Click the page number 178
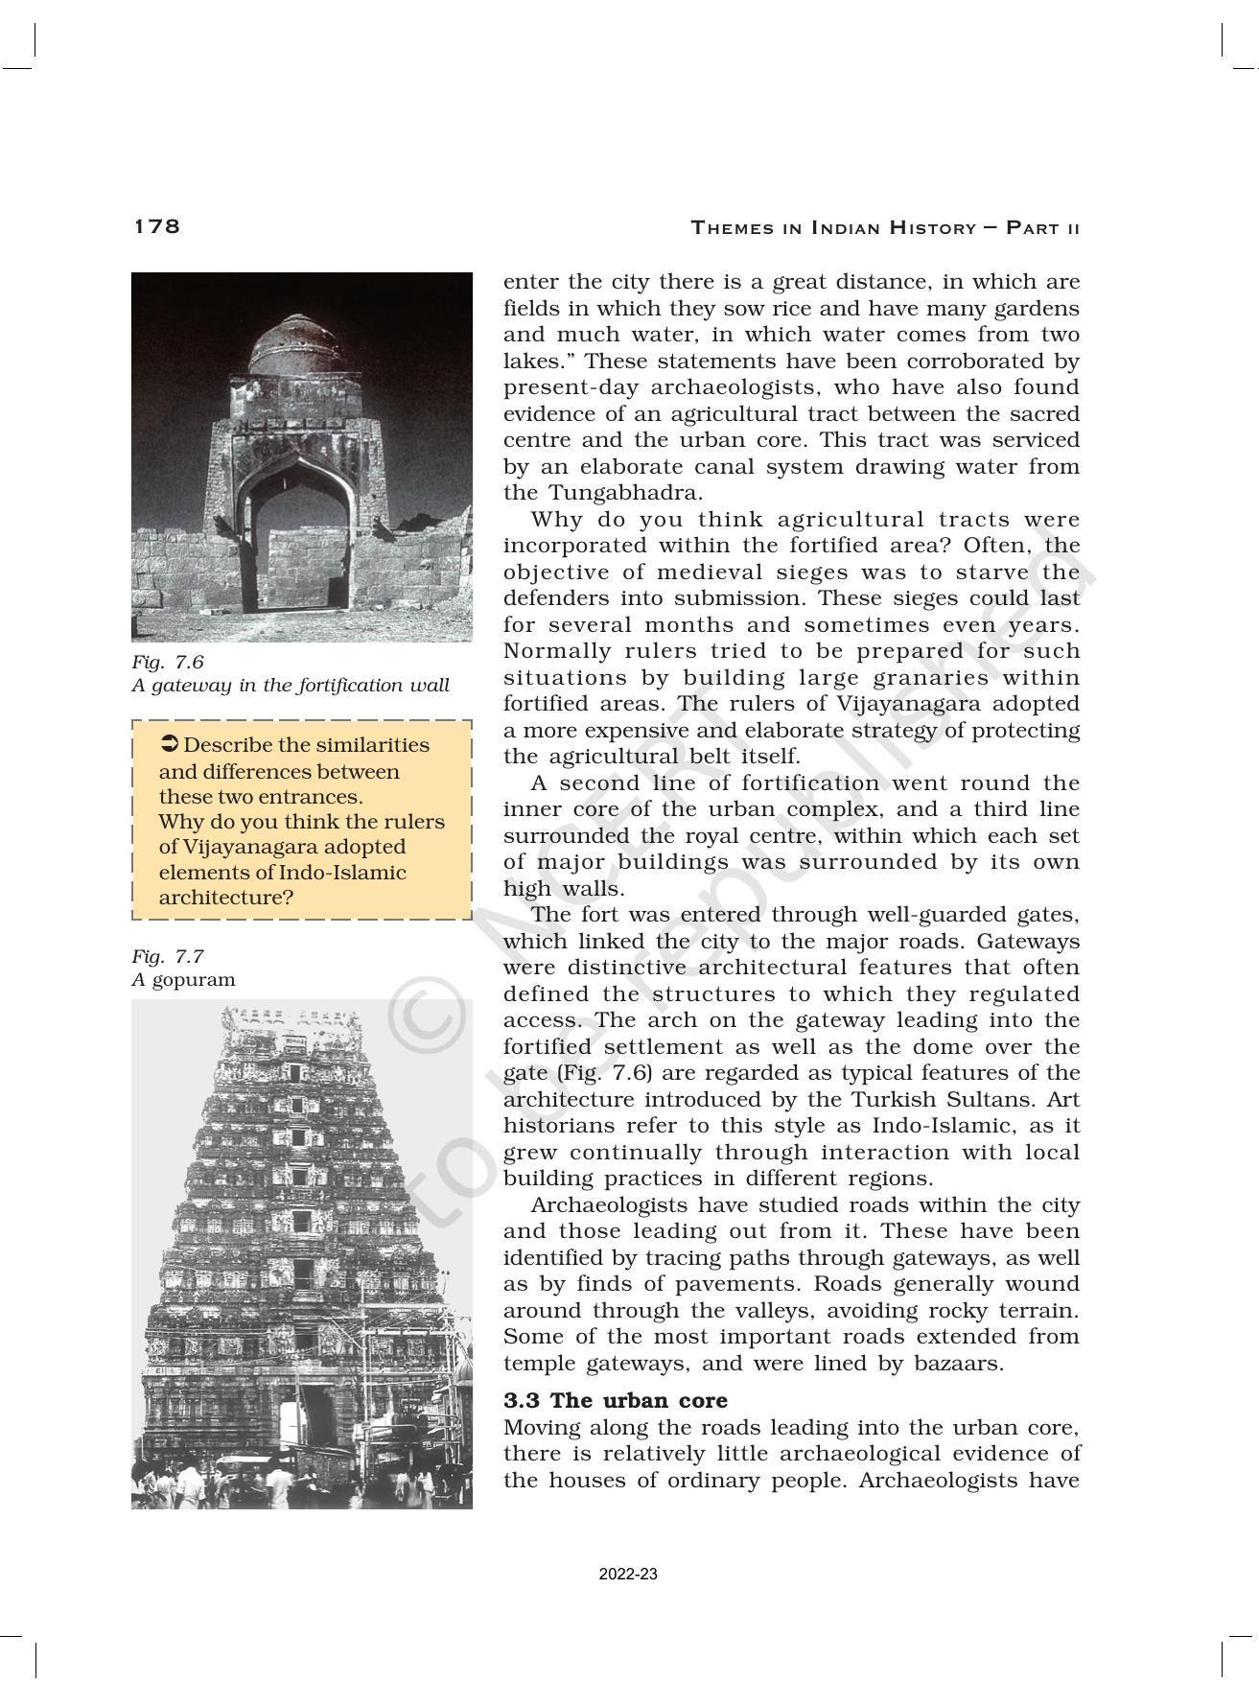[156, 226]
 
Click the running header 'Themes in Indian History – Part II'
[885, 228]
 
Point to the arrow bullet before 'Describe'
[169, 744]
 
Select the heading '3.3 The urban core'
[616, 1400]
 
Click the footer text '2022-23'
[628, 1575]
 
